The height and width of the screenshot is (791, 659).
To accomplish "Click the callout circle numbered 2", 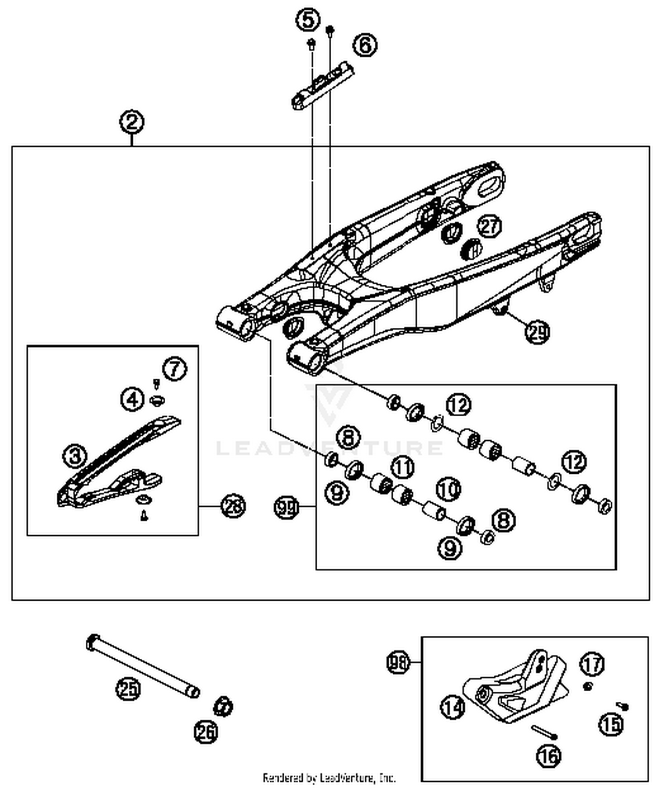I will pyautogui.click(x=132, y=122).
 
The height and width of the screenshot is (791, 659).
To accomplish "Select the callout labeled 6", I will pyautogui.click(x=365, y=45).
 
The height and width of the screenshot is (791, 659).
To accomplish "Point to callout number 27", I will pyautogui.click(x=489, y=226).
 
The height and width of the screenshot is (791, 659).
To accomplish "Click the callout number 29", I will pyautogui.click(x=537, y=332).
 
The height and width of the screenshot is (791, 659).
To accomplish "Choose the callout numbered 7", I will pyautogui.click(x=175, y=368).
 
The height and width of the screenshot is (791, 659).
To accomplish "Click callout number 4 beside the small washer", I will pyautogui.click(x=132, y=399).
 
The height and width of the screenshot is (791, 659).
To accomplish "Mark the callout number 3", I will pyautogui.click(x=75, y=455).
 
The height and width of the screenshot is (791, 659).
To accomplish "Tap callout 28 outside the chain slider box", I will pyautogui.click(x=233, y=506).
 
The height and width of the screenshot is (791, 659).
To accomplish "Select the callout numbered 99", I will pyautogui.click(x=286, y=507).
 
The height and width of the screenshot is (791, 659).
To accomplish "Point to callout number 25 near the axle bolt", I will pyautogui.click(x=128, y=688).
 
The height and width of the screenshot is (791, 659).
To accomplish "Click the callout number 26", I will pyautogui.click(x=206, y=732).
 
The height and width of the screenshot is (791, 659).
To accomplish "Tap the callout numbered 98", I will pyautogui.click(x=398, y=662).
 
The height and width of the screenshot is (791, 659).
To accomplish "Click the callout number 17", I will pyautogui.click(x=592, y=664).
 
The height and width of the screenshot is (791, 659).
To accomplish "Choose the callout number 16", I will pyautogui.click(x=549, y=756).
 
